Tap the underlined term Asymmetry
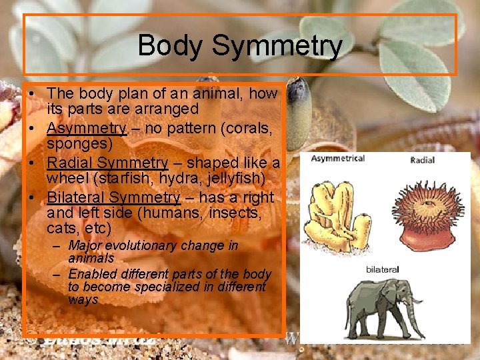coord(87,128)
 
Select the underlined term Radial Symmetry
coord(107,163)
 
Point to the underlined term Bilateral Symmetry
coord(113,197)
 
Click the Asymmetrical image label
coord(337,158)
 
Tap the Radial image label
coord(423,160)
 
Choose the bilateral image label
coord(382,269)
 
